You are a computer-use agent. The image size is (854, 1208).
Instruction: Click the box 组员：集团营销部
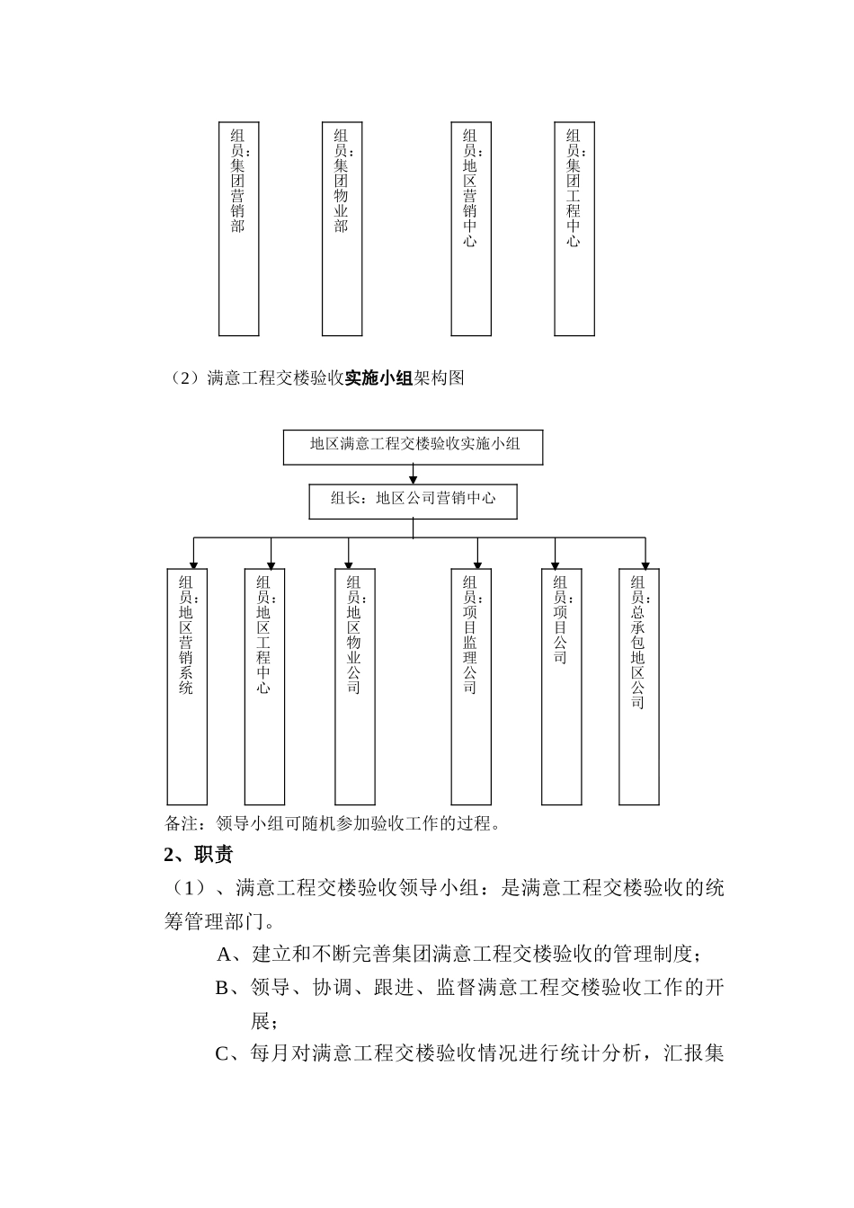[238, 229]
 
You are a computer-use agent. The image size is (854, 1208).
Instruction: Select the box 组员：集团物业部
[342, 229]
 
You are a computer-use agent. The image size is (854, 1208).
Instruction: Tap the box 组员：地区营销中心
[471, 229]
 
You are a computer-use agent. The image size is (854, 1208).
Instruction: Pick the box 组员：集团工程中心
[574, 229]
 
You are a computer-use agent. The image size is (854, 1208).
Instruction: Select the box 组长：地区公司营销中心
[413, 502]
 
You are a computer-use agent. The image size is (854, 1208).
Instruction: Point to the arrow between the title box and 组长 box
[413, 475]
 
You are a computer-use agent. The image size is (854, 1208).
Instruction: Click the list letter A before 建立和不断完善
[225, 954]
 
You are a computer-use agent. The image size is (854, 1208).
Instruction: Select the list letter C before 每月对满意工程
[224, 1053]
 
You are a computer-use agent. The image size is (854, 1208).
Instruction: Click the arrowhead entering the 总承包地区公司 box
[645, 564]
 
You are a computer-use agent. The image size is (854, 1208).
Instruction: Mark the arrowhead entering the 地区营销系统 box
[194, 564]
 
